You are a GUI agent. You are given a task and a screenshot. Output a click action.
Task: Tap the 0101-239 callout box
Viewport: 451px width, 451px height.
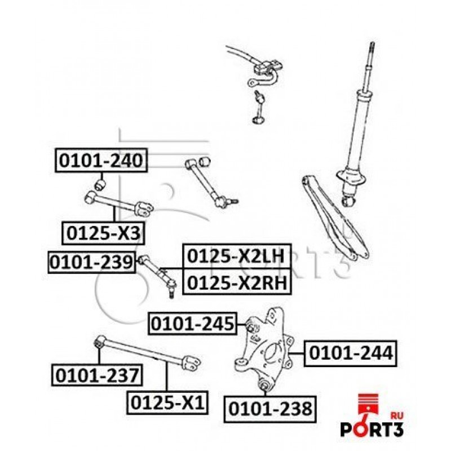tap(91, 262)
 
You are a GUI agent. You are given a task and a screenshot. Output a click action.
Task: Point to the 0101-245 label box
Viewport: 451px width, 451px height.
tap(192, 324)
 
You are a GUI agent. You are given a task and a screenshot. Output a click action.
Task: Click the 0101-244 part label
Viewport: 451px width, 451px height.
tap(350, 353)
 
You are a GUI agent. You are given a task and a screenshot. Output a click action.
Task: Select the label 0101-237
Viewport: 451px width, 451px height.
tap(97, 373)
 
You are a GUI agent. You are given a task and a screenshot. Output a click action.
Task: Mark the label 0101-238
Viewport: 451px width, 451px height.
tap(269, 408)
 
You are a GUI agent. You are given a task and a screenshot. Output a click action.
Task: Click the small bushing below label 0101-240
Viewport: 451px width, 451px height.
tap(100, 184)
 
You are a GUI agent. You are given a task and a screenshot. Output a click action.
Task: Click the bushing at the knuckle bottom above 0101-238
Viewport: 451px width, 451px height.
tap(263, 386)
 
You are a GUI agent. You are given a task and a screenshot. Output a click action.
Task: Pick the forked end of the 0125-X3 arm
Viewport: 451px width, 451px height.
tap(144, 209)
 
